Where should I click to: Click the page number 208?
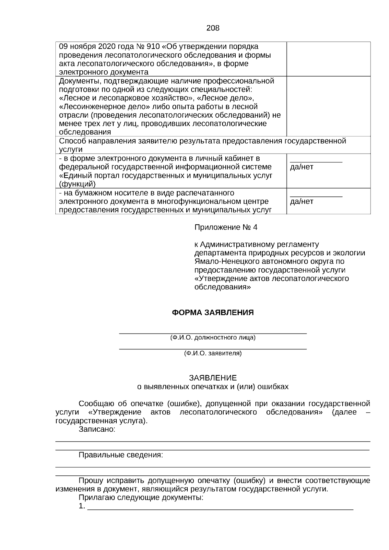pyautogui.click(x=213, y=28)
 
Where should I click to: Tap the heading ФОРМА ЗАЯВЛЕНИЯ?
pyautogui.click(x=213, y=312)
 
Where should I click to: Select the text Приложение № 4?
pyautogui.click(x=226, y=227)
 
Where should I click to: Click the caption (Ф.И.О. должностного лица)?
pyautogui.click(x=213, y=338)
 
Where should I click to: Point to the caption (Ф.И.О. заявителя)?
pyautogui.click(x=213, y=353)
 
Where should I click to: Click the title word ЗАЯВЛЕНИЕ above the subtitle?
pyautogui.click(x=213, y=378)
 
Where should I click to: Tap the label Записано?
pyautogui.click(x=97, y=429)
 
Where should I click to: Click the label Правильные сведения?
pyautogui.click(x=121, y=455)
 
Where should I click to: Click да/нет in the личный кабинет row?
pyautogui.click(x=301, y=167)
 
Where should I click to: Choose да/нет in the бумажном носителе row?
pyautogui.click(x=301, y=201)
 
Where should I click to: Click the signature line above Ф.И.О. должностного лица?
pyautogui.click(x=213, y=333)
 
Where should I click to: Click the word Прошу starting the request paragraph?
pyautogui.click(x=91, y=481)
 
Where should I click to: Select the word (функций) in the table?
pyautogui.click(x=77, y=184)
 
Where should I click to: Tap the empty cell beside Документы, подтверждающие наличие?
pyautogui.click(x=328, y=106)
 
